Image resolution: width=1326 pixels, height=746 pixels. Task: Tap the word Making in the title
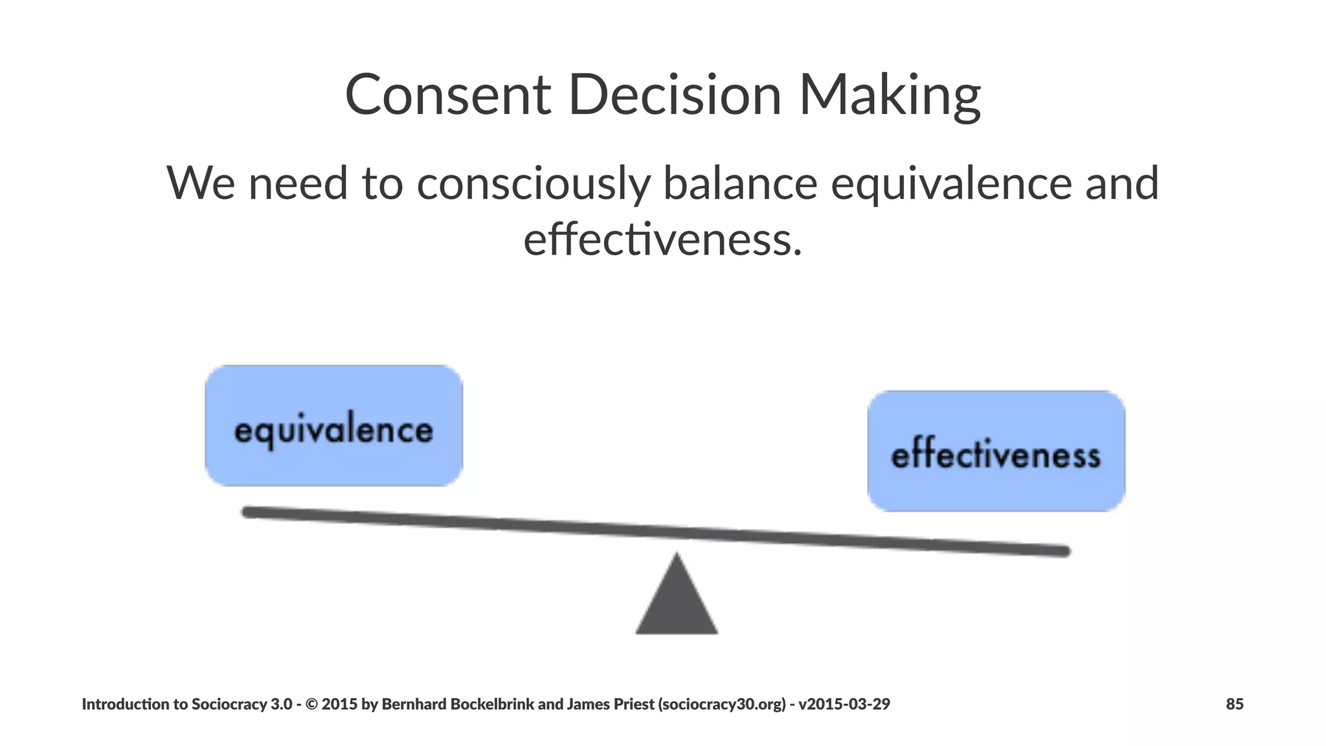[x=890, y=96]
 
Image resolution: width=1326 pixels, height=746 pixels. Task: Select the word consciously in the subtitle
[x=533, y=183]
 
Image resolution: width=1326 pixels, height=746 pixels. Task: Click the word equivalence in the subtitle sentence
[x=951, y=183]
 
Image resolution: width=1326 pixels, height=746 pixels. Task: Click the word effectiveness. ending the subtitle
[x=662, y=239]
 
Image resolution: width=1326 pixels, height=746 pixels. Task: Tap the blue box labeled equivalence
[x=333, y=425]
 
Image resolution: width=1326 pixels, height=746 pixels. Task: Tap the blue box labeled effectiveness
[x=996, y=451]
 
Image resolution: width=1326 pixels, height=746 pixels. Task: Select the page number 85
[x=1234, y=704]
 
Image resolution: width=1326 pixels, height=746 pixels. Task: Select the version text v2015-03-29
[x=844, y=704]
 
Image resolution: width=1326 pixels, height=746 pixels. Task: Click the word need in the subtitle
[x=298, y=183]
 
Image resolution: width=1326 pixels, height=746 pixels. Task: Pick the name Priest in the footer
[x=633, y=704]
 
